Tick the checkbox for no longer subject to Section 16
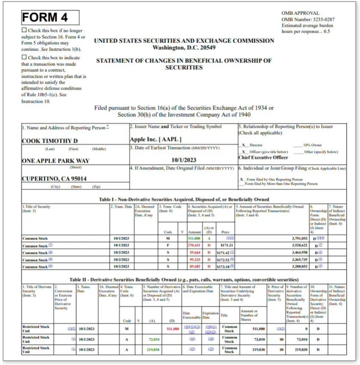click(x=24, y=30)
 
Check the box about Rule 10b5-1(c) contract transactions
click(x=24, y=58)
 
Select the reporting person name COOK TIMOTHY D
click(x=49, y=141)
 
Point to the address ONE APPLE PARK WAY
click(x=56, y=161)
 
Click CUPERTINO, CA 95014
click(x=54, y=179)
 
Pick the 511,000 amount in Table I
click(x=194, y=239)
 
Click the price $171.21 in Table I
click(x=227, y=246)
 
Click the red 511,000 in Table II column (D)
click(x=173, y=328)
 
